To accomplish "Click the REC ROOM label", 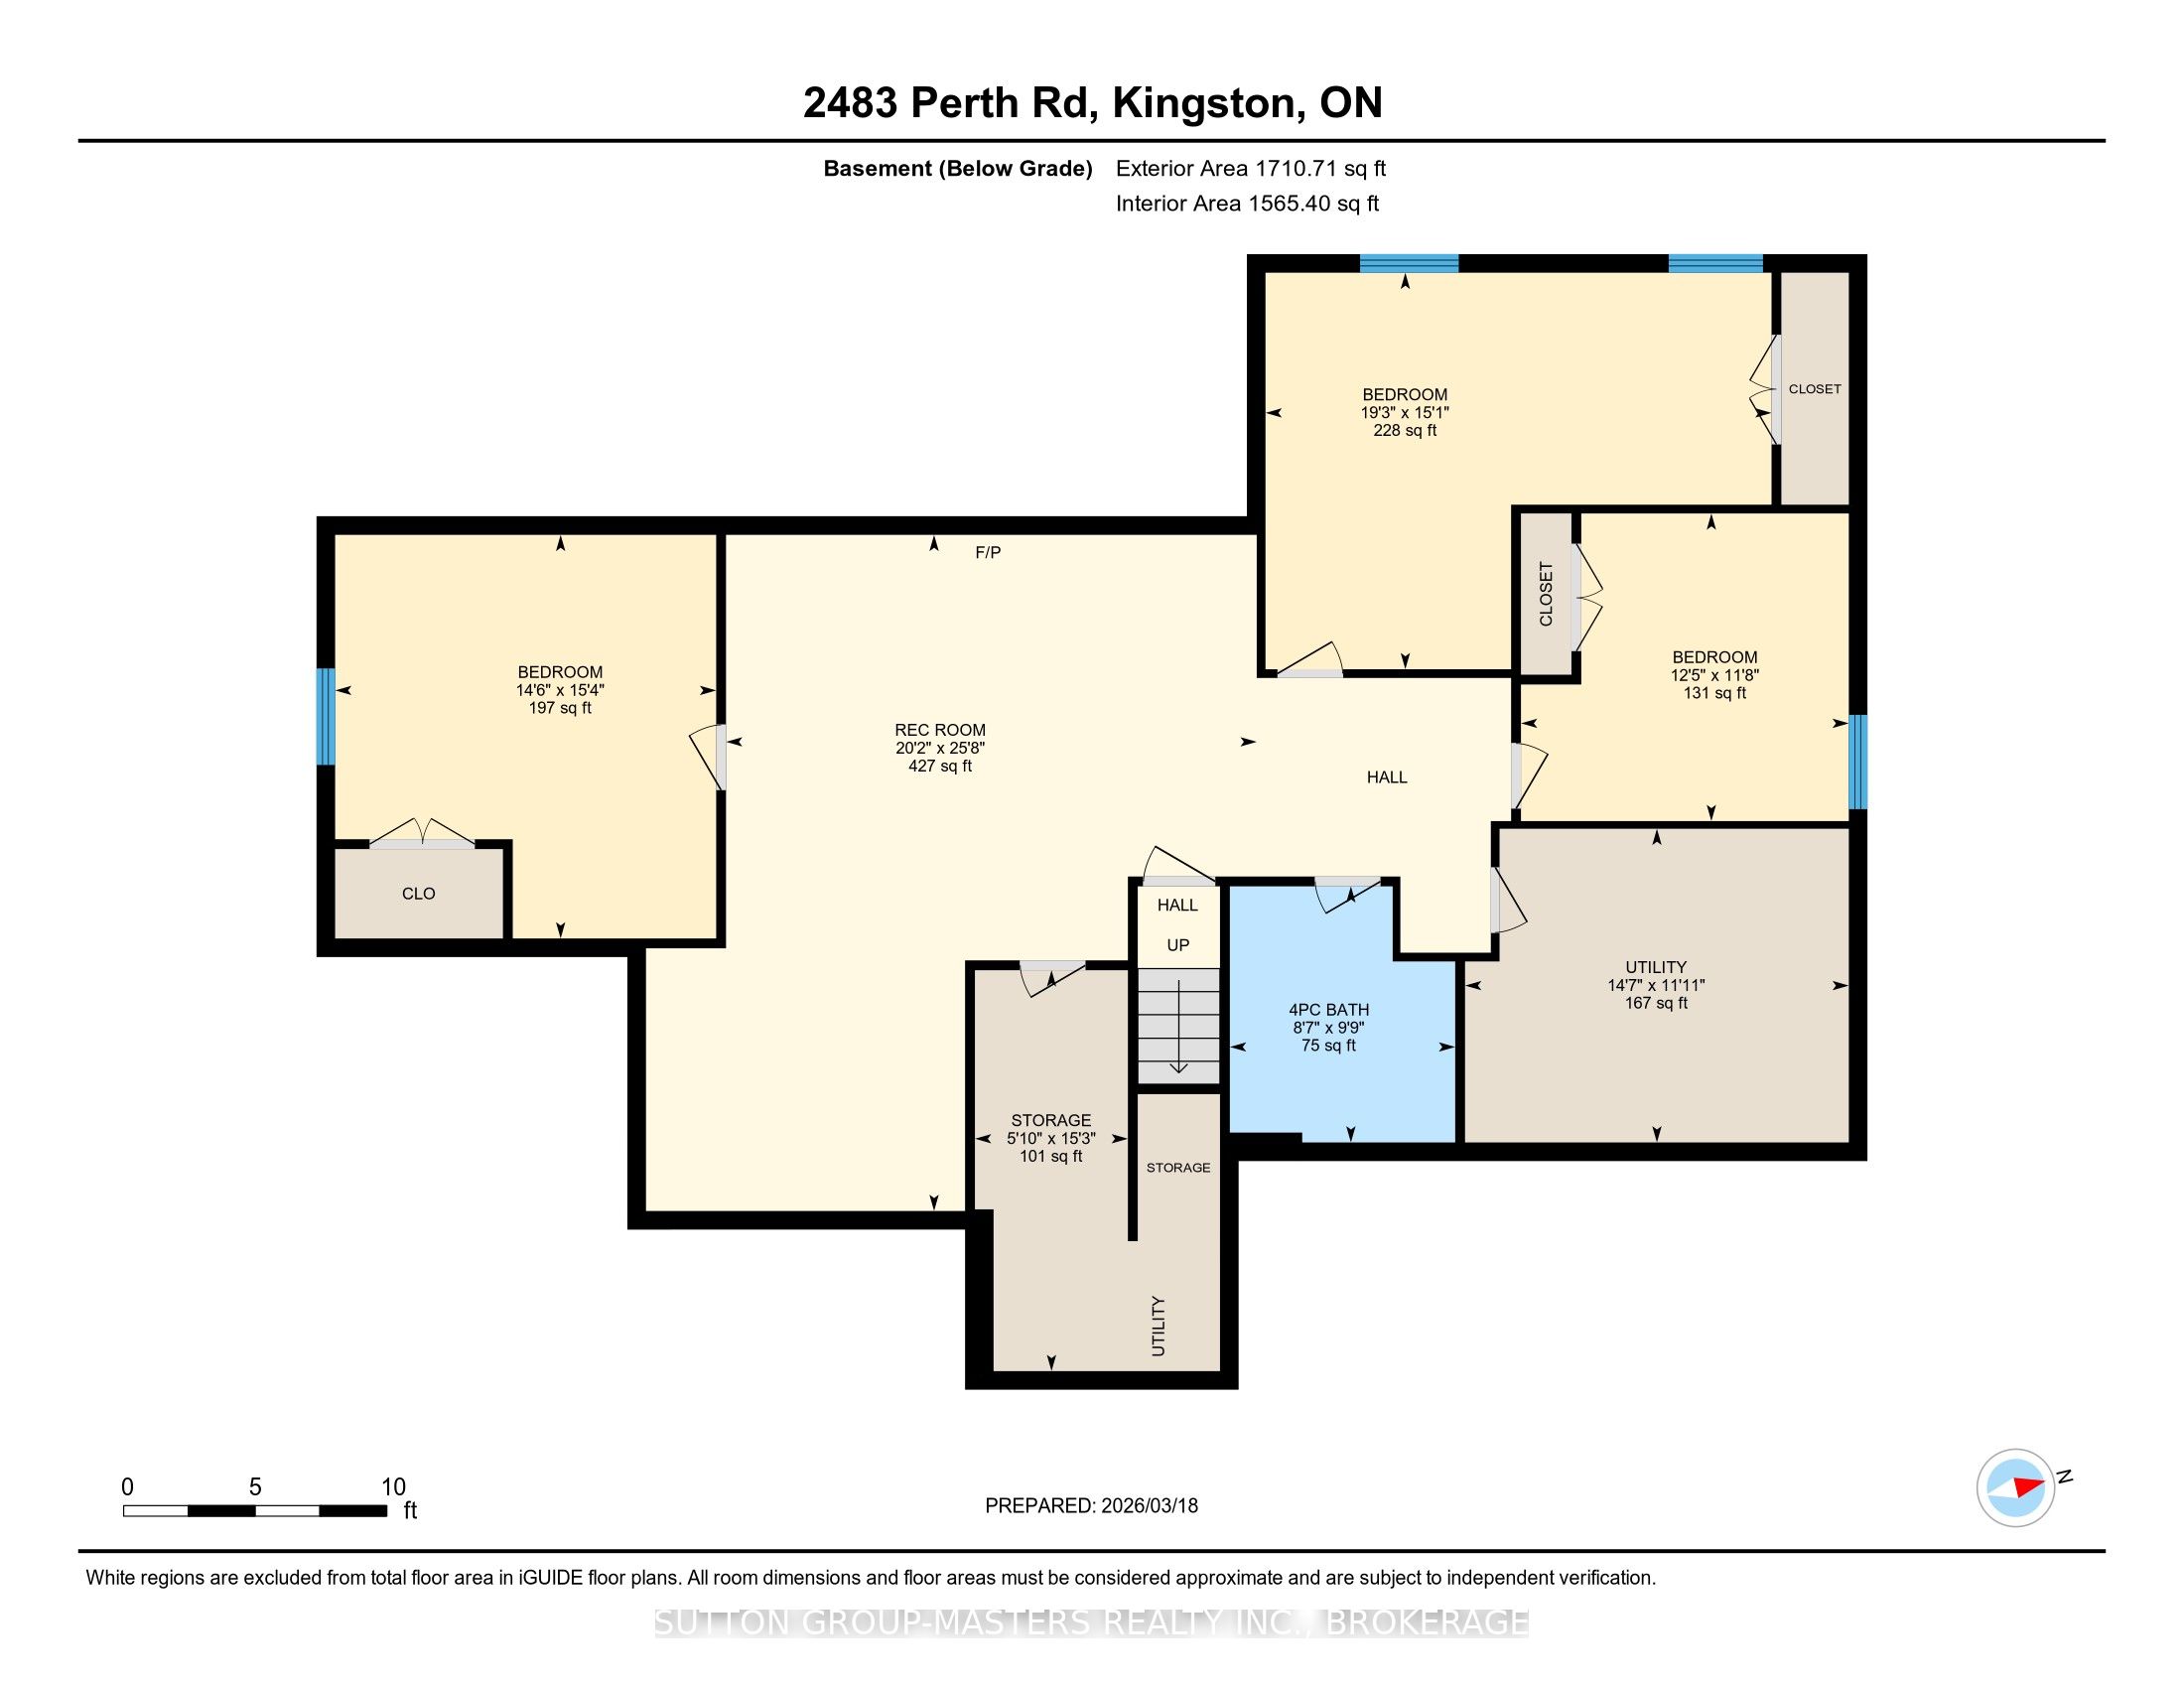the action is coord(940,730).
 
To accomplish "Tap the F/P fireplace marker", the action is coord(988,552).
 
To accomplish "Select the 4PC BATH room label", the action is coord(1328,1010).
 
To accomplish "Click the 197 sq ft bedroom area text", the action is coord(560,708).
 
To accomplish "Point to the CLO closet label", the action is coord(418,894).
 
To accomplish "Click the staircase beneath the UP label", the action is coord(1179,1026).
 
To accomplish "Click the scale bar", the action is coord(255,1511).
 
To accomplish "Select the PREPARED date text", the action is coord(1091,1506).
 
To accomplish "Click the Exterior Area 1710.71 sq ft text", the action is coord(1251,168).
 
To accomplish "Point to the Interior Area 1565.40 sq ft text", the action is coord(1247,204).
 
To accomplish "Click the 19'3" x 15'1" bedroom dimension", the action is coord(1405,412).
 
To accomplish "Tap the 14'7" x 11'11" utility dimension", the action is coord(1656,985).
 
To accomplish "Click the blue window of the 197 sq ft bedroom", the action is coord(325,716).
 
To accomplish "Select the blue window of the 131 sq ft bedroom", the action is coord(1858,761).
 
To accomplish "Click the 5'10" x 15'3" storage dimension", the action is coord(1051,1138).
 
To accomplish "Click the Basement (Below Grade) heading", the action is coord(957,168).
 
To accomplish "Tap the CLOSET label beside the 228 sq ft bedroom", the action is coord(1815,389).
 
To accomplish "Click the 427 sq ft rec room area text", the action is coord(940,766).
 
